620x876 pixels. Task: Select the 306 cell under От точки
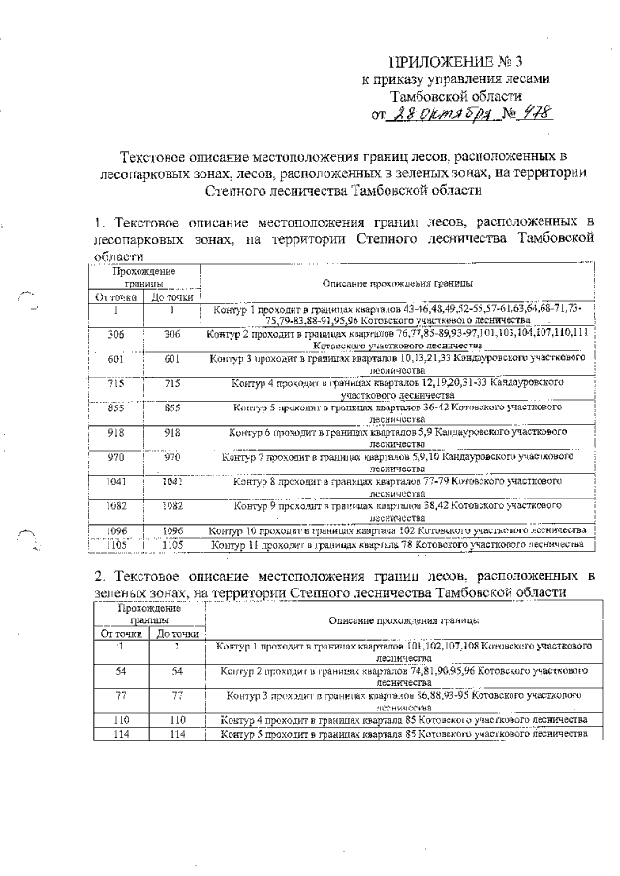(117, 334)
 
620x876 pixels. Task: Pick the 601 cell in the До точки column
(171, 359)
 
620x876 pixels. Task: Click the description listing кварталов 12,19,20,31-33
(398, 390)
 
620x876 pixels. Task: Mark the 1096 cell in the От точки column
(117, 531)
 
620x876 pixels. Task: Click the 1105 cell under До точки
(171, 546)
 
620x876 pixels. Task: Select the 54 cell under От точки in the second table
(121, 670)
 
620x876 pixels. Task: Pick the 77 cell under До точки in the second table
(176, 695)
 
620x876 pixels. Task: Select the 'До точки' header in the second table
(176, 633)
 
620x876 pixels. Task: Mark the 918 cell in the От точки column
(117, 433)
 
